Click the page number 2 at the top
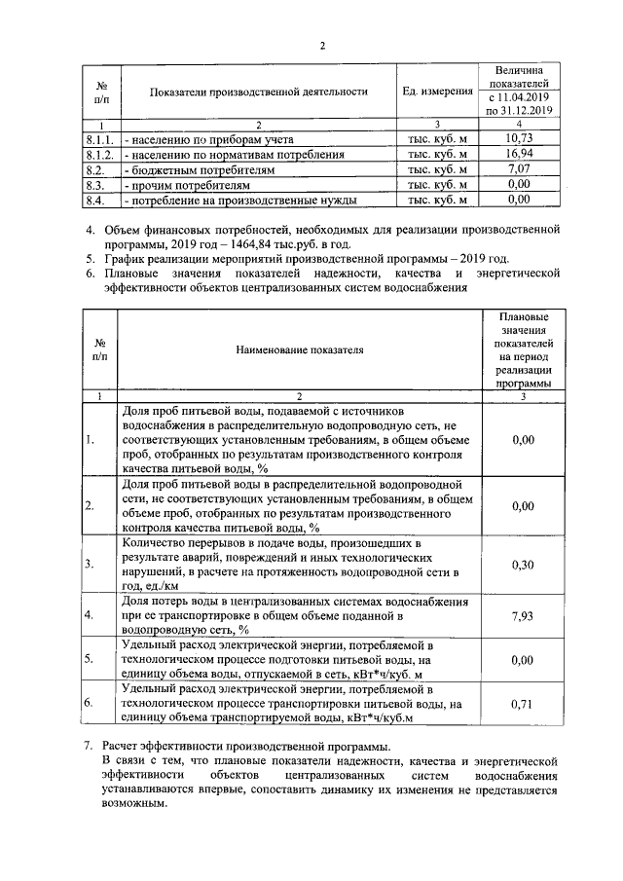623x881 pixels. tap(322, 46)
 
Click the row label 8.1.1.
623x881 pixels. tap(100, 139)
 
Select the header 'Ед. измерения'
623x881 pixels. tap(436, 92)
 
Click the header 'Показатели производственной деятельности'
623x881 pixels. tap(259, 92)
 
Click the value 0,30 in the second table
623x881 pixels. tap(523, 565)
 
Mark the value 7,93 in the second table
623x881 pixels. tap(523, 614)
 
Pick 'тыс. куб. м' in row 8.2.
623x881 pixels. tap(437, 169)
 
